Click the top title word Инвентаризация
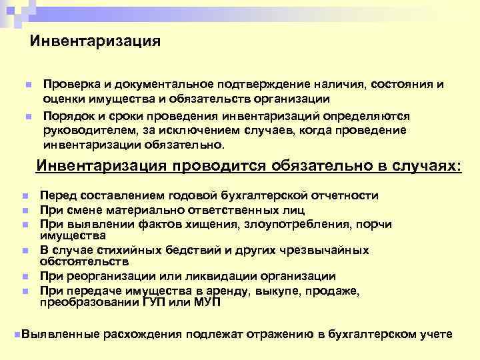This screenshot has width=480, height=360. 95,41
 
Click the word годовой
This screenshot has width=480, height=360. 179,196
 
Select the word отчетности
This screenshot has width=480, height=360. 343,196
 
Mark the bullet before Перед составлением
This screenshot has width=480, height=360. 23,197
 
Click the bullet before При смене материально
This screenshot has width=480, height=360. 23,210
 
